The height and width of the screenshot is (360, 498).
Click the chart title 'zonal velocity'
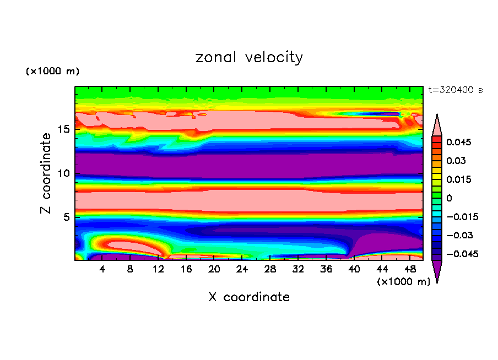tap(249, 57)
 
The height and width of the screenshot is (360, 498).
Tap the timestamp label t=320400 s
tap(455, 90)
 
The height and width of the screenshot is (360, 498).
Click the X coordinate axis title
tap(249, 297)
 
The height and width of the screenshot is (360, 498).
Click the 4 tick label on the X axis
tap(102, 269)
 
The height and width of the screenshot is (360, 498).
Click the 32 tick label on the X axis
tap(298, 269)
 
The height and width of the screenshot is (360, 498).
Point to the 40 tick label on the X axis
tap(354, 269)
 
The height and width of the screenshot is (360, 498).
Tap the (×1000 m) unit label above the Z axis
tap(53, 72)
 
